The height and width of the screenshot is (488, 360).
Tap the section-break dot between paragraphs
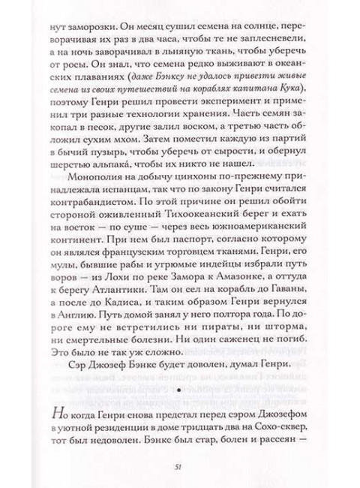[x=179, y=390]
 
